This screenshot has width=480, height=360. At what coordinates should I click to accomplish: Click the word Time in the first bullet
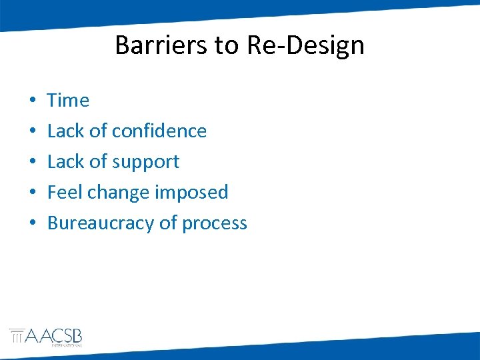(x=68, y=100)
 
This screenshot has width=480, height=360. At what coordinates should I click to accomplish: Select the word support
(x=146, y=162)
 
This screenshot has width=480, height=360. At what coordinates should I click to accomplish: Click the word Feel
(x=65, y=192)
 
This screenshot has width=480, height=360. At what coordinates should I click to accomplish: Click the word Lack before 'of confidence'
(x=65, y=131)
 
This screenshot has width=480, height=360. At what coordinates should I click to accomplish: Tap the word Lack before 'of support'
(x=65, y=161)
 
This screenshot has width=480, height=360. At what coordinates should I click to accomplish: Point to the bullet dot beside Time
(x=32, y=101)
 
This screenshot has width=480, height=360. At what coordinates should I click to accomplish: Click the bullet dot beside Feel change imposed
(x=32, y=193)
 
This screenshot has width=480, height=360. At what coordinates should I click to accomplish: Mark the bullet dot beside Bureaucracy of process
(x=32, y=224)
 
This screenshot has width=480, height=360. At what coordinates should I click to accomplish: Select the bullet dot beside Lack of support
(x=32, y=163)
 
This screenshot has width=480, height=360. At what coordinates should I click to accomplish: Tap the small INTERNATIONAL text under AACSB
(x=67, y=346)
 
